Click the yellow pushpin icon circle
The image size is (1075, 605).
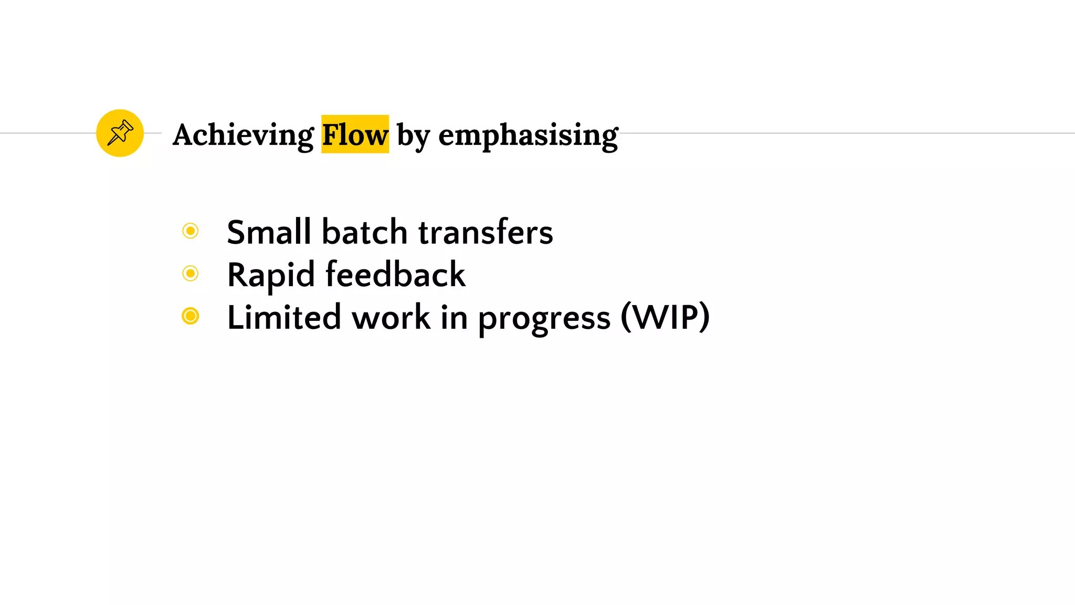[120, 133]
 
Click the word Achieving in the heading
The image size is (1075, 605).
[243, 135]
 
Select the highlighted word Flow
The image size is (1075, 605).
[355, 135]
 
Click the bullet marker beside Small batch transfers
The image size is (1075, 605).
[191, 231]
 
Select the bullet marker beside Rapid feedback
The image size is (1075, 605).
[191, 273]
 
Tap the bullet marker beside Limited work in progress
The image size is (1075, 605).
[191, 316]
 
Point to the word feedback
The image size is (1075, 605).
[395, 275]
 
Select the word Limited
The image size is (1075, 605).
[284, 317]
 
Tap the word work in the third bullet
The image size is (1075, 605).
[391, 317]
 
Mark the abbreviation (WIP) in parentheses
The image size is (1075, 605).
[665, 317]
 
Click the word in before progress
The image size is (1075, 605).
[454, 317]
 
